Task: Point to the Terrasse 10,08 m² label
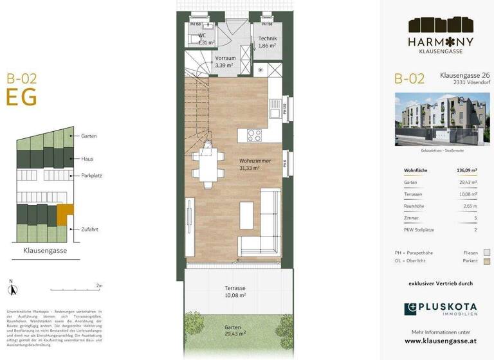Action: point(235,292)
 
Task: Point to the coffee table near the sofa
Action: point(246,212)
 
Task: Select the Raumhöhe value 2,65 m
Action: point(470,206)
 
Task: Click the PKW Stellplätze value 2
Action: point(475,230)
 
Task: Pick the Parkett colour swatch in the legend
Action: point(487,261)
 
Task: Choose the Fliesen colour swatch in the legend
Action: point(487,252)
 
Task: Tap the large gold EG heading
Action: point(21,97)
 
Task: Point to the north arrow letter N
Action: point(11,280)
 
